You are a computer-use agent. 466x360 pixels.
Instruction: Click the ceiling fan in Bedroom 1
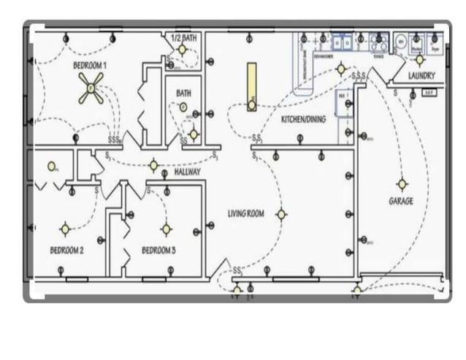[x=91, y=88]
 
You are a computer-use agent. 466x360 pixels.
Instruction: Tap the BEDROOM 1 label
[x=91, y=65]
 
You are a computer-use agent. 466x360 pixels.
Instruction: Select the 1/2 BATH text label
[x=183, y=37]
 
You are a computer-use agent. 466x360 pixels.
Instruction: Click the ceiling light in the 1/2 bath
[x=183, y=50]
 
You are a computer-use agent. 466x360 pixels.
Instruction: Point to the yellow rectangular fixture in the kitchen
[x=251, y=83]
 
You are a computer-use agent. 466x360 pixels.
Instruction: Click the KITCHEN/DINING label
[x=303, y=119]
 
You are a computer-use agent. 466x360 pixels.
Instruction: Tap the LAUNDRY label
[x=421, y=75]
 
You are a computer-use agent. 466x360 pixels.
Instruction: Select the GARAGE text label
[x=400, y=201]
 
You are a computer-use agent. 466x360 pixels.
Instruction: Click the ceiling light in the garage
[x=401, y=183]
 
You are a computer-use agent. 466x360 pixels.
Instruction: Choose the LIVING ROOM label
[x=245, y=213]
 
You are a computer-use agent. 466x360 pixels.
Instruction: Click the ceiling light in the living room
[x=280, y=214]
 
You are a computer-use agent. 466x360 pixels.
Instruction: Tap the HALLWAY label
[x=187, y=172]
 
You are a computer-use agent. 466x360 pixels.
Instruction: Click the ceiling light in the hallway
[x=153, y=166]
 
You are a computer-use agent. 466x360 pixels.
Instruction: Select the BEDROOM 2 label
[x=66, y=250]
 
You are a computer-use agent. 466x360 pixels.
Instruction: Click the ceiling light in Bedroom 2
[x=65, y=229]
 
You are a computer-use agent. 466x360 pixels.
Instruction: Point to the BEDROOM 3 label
[x=158, y=250]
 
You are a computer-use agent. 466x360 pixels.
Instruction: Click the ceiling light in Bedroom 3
[x=166, y=229]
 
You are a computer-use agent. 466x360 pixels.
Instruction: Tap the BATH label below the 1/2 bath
[x=183, y=93]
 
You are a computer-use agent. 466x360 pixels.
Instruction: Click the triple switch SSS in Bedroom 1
[x=113, y=139]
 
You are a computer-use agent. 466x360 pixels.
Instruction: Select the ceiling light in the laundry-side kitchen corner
[x=340, y=69]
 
